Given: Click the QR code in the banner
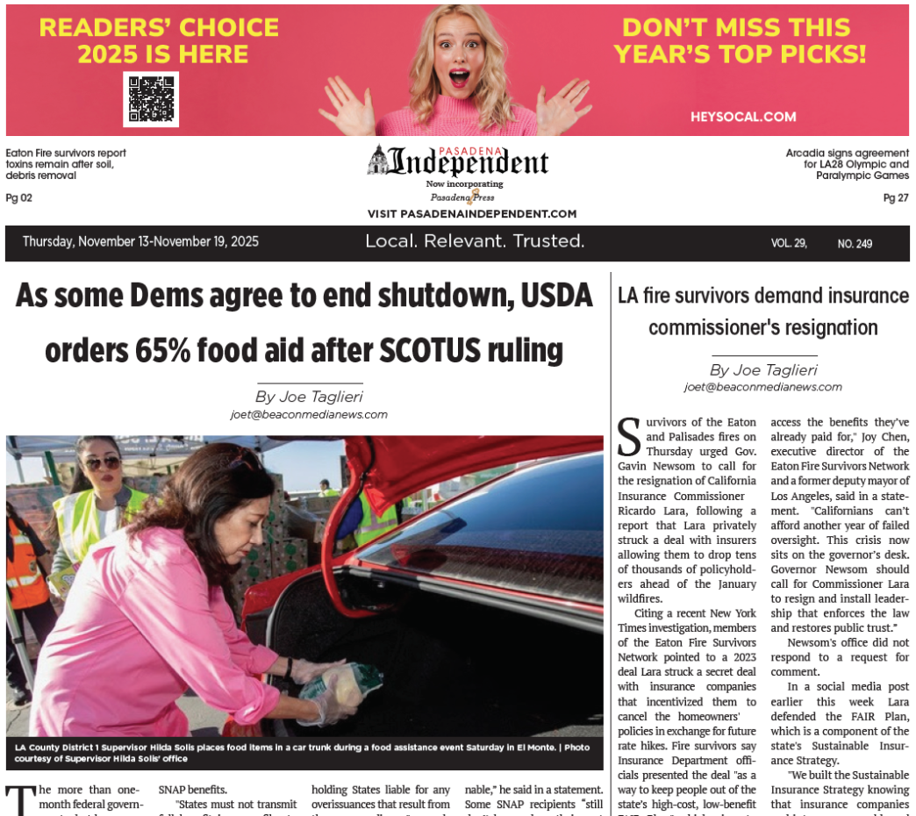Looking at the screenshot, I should pyautogui.click(x=151, y=99).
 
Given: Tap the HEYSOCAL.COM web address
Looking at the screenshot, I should pyautogui.click(x=742, y=117).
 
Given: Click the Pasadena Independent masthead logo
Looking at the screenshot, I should pyautogui.click(x=458, y=162).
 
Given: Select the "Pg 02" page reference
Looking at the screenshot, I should pyautogui.click(x=19, y=197).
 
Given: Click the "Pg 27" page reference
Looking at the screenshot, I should pyautogui.click(x=896, y=197).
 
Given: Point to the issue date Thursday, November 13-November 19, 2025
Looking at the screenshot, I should pyautogui.click(x=140, y=242).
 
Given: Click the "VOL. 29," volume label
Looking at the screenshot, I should pyautogui.click(x=789, y=243).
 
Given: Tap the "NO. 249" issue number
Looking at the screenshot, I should pyautogui.click(x=855, y=243).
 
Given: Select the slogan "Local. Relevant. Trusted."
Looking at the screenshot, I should pyautogui.click(x=475, y=241).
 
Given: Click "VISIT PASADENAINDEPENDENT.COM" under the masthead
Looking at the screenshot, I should pyautogui.click(x=472, y=214).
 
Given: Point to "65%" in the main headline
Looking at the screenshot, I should pyautogui.click(x=172, y=350).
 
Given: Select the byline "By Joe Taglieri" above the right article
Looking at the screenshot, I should pyautogui.click(x=763, y=370).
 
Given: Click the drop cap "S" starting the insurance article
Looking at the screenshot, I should pyautogui.click(x=629, y=436).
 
